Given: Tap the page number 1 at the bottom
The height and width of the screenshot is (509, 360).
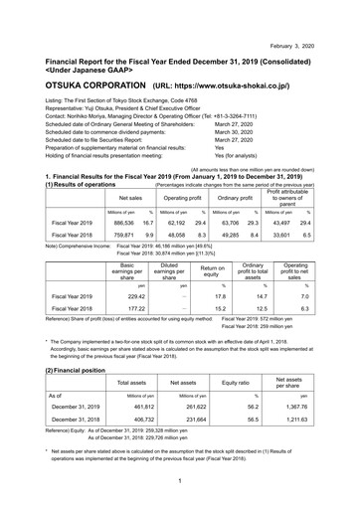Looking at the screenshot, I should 180,479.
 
